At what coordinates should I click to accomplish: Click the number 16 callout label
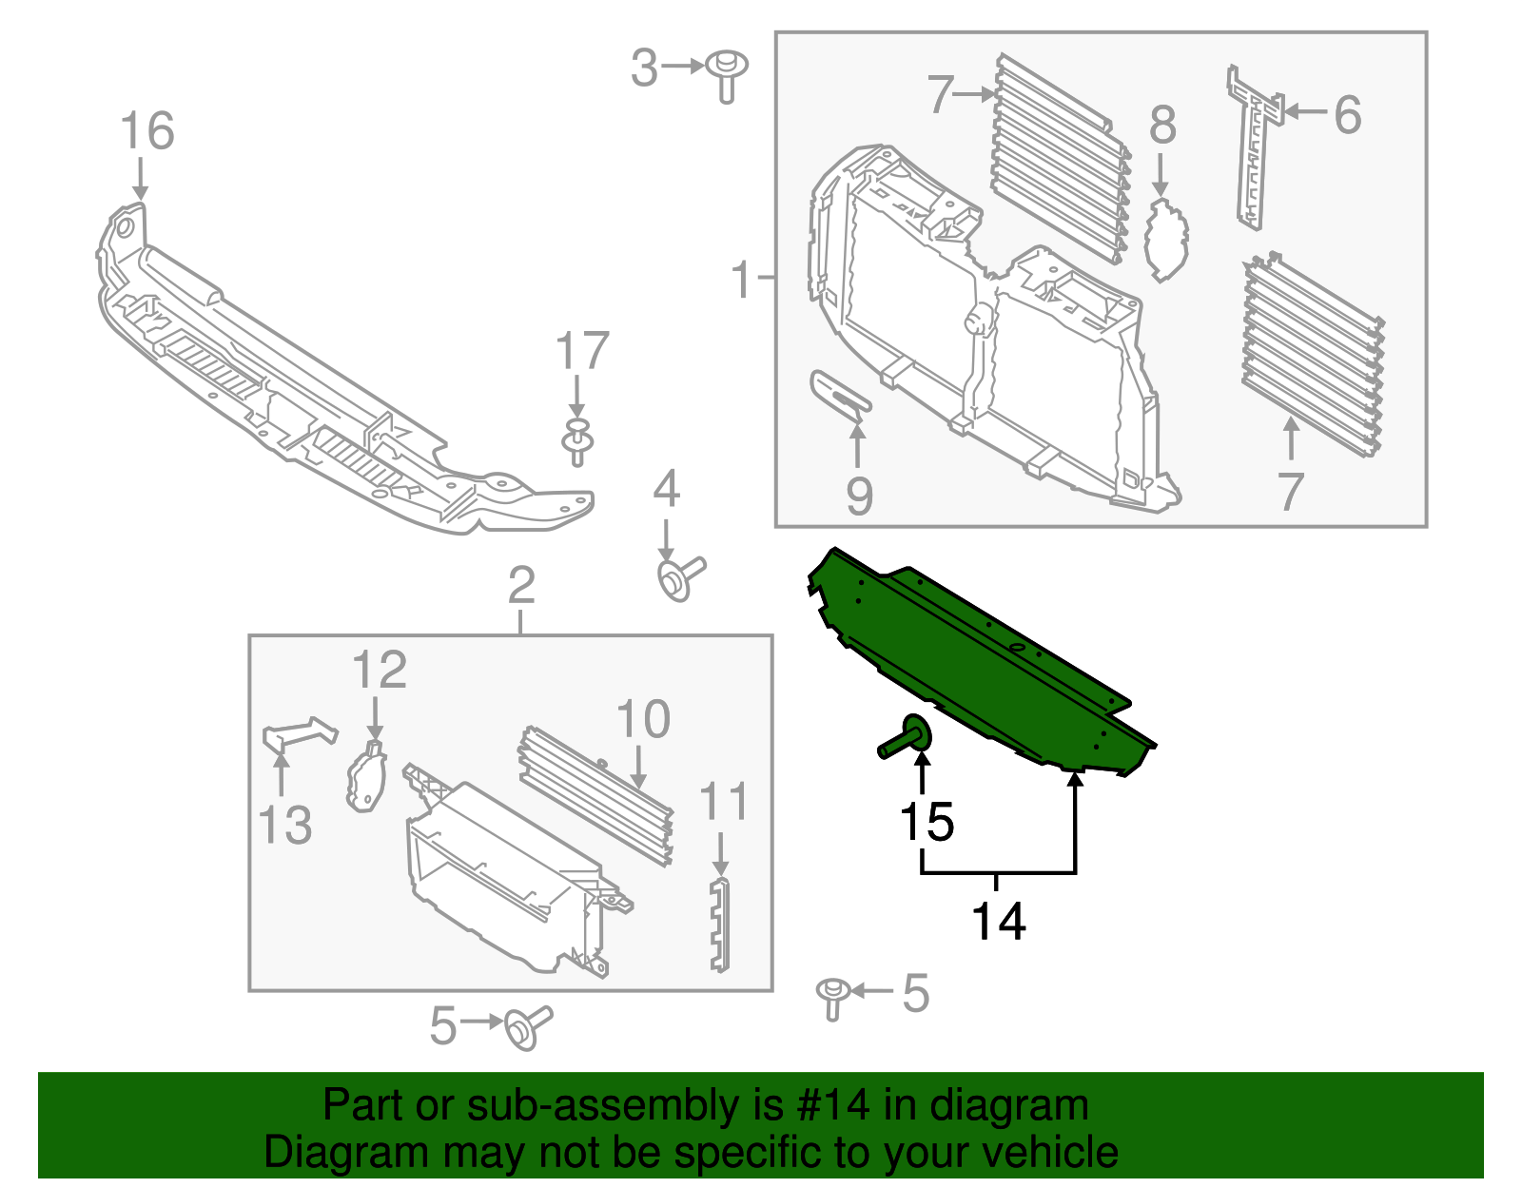pyautogui.click(x=147, y=131)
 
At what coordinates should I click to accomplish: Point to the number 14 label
pyautogui.click(x=998, y=922)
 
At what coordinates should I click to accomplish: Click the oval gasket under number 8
pyautogui.click(x=1166, y=240)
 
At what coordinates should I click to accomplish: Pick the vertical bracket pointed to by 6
pyautogui.click(x=1254, y=147)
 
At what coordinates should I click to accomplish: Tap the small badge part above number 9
pyautogui.click(x=840, y=393)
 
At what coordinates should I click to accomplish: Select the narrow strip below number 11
pyautogui.click(x=720, y=925)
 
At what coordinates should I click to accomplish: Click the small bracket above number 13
pyautogui.click(x=298, y=734)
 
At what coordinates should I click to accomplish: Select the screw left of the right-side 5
pyautogui.click(x=832, y=995)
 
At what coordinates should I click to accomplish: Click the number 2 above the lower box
pyautogui.click(x=521, y=585)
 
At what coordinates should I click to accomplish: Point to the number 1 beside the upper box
pyautogui.click(x=742, y=281)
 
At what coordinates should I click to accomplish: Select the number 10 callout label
pyautogui.click(x=643, y=719)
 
